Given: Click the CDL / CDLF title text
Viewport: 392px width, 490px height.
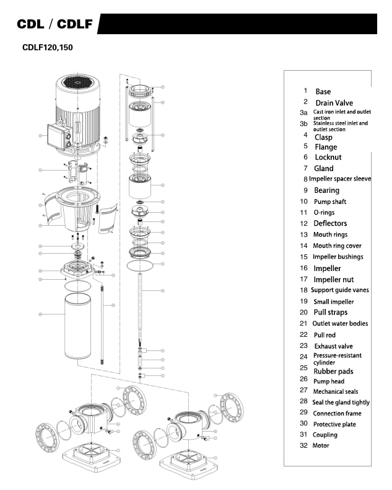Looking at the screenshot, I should [54, 25].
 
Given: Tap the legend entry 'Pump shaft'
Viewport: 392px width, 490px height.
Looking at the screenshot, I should [331, 202].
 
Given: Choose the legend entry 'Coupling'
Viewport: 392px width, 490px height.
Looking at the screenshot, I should [325, 435].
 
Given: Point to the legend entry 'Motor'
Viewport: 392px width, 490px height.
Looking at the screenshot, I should [321, 445].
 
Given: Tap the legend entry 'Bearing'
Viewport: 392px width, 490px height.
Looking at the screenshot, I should [326, 190].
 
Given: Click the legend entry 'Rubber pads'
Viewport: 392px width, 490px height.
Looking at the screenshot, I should [334, 371].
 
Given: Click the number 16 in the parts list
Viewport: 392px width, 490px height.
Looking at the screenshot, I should [303, 268].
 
